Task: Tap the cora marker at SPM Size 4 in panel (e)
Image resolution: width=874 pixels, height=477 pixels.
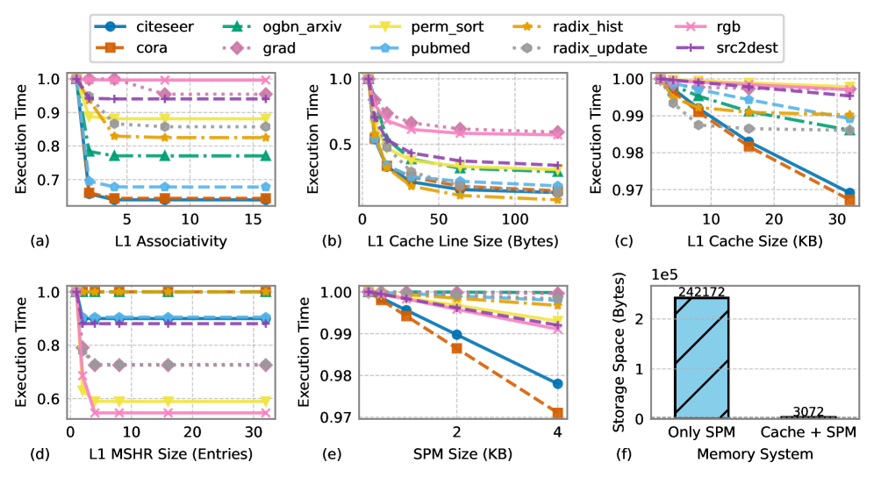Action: tap(557, 412)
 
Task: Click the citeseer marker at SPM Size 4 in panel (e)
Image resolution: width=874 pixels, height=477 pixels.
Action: tap(557, 384)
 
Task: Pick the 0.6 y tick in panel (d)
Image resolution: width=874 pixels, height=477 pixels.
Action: tap(54, 399)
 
